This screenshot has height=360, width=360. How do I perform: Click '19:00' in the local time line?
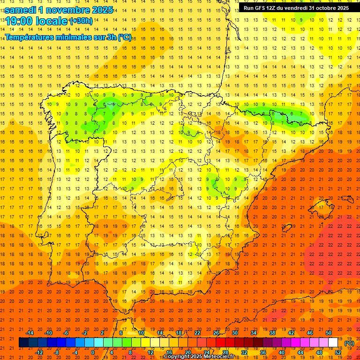pos(19,21)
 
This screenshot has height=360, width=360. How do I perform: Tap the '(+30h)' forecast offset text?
pos(81,21)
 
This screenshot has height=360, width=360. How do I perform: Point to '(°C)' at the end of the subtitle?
pos(125,37)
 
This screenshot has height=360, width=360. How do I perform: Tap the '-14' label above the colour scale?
pos(30,333)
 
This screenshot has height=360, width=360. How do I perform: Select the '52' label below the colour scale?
pos(338,352)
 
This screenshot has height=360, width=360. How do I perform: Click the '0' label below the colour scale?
pos(93,352)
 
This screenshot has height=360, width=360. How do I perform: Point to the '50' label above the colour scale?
pos(329,333)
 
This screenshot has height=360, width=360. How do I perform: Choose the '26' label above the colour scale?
pos(216,333)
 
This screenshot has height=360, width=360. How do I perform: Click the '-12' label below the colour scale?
pos(39,352)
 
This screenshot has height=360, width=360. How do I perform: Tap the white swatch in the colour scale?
pos(333,343)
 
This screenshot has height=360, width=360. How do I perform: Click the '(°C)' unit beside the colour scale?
pos(349,343)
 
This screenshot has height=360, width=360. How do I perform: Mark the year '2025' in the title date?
pos(100,9)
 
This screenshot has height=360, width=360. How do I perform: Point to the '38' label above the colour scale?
pos(272,333)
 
